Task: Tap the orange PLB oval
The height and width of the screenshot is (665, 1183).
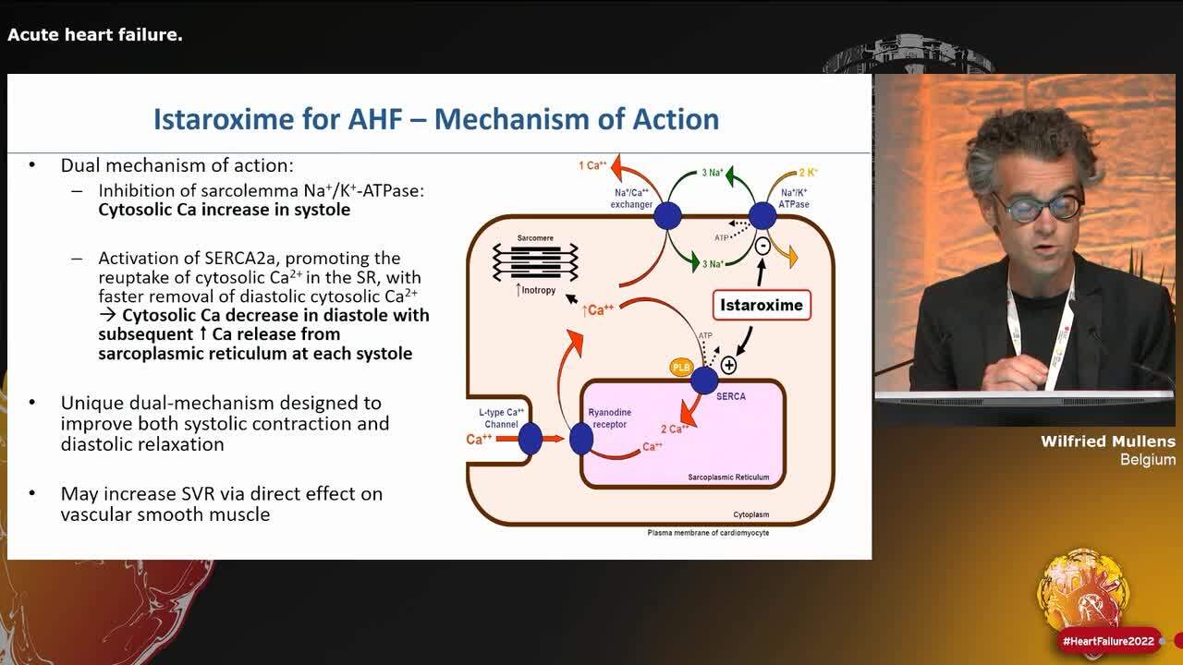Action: tap(681, 368)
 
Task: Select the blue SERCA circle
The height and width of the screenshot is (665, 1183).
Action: tap(704, 380)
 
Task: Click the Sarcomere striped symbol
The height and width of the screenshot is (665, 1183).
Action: tap(535, 261)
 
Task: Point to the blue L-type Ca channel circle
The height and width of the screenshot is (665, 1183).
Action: tap(531, 439)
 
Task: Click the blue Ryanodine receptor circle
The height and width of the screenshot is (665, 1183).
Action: tap(580, 439)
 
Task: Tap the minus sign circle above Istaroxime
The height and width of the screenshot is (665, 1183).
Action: tap(762, 247)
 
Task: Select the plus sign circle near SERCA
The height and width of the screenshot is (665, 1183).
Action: tap(728, 365)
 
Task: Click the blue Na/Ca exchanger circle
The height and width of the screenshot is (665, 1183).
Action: tap(667, 216)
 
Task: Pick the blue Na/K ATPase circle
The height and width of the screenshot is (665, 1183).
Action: tap(762, 216)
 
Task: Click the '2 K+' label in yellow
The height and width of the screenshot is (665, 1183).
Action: tap(808, 173)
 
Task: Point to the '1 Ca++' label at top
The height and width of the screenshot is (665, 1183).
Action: tap(592, 166)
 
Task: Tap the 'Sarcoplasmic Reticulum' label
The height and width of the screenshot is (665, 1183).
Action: tap(728, 478)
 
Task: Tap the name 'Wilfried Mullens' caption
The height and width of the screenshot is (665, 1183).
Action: tap(1107, 441)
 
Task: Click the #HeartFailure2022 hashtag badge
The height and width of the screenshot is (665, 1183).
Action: tap(1108, 641)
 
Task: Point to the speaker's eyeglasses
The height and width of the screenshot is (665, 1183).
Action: tap(1038, 207)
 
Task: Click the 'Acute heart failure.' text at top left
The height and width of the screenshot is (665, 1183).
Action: tap(95, 35)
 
